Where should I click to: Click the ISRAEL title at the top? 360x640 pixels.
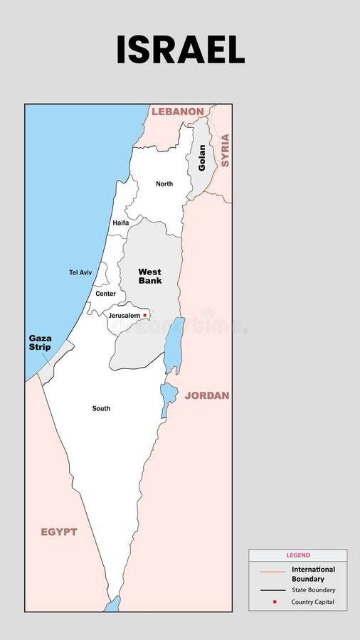point(180,50)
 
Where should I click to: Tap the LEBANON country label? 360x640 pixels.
point(178,112)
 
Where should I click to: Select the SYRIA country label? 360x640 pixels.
point(225,150)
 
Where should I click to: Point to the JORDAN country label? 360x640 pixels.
point(207,395)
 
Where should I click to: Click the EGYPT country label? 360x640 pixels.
point(58,532)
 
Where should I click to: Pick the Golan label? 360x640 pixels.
point(202,157)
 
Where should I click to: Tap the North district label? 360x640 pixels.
point(164,184)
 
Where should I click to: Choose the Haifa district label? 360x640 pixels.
point(121,223)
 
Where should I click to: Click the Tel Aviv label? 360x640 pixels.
point(80,272)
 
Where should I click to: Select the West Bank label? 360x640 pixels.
point(149,276)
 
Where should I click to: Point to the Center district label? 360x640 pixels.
point(105,294)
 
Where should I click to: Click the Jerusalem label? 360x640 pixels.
point(125,316)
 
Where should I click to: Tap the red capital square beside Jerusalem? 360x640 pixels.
point(145,315)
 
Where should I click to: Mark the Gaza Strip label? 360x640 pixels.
point(40,343)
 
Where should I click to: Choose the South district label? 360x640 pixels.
point(101,409)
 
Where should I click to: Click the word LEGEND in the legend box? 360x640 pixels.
point(298,555)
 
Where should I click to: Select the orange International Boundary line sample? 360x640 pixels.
point(272,572)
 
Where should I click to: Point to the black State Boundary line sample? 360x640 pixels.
point(272,590)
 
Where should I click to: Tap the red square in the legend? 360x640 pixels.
point(274,602)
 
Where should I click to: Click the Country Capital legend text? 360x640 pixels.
point(312,602)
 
